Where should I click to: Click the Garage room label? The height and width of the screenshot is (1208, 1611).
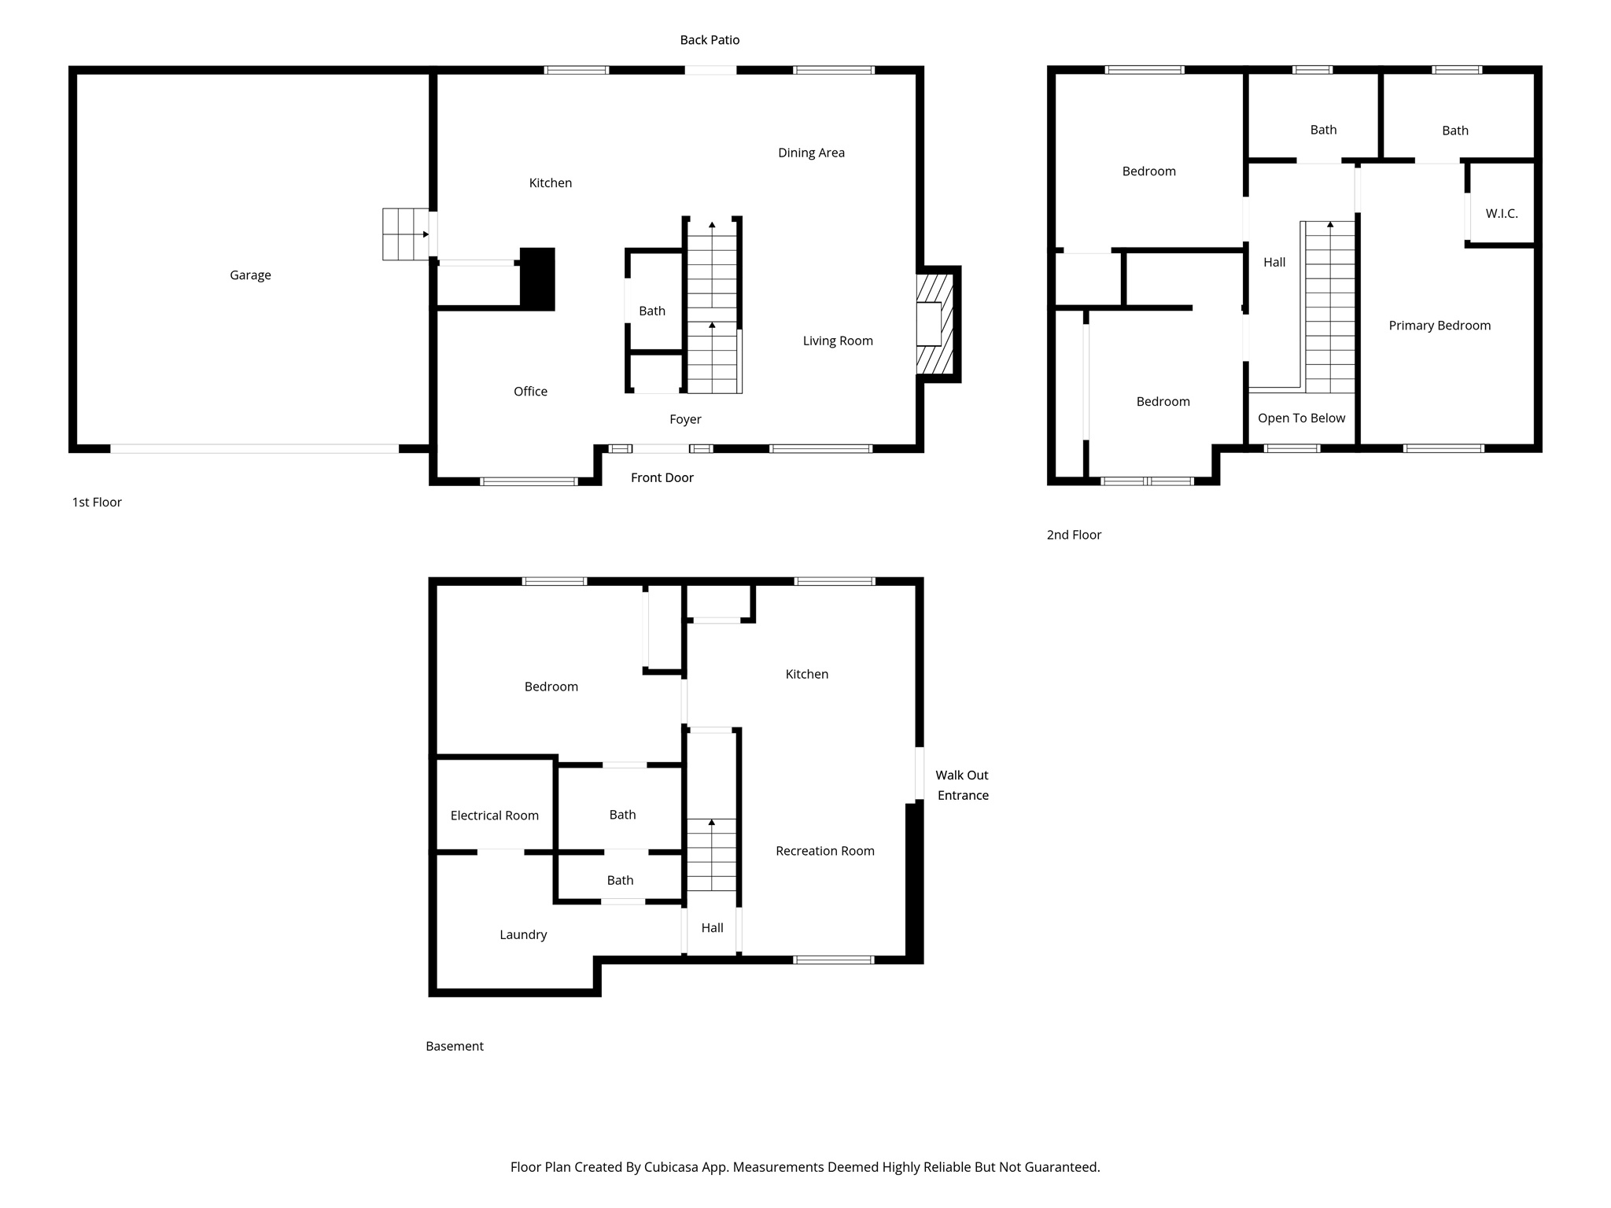click(250, 275)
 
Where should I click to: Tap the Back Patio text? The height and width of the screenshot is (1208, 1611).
click(710, 40)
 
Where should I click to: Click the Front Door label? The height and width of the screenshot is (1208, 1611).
click(662, 477)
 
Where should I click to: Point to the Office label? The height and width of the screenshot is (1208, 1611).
click(530, 392)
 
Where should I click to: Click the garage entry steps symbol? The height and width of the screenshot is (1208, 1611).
click(405, 234)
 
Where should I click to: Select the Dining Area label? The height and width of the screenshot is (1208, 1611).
click(811, 153)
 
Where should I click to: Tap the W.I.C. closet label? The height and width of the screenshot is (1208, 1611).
click(1501, 214)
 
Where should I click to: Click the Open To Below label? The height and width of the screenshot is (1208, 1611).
click(1301, 418)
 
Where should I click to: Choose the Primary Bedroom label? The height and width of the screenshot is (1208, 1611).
click(1439, 326)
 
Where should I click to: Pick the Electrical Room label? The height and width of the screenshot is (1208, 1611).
click(494, 816)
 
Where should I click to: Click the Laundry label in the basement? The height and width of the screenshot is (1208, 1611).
click(523, 935)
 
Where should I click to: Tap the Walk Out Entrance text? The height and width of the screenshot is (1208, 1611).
click(961, 785)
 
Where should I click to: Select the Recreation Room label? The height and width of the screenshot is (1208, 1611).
click(824, 851)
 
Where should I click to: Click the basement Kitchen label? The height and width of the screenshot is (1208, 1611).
click(806, 674)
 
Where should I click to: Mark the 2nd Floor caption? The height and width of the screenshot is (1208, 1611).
click(1073, 535)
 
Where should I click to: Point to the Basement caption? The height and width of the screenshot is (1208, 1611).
click(454, 1046)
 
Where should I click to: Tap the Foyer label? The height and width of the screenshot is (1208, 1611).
click(685, 420)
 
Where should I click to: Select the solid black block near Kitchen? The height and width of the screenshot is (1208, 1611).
click(537, 279)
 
